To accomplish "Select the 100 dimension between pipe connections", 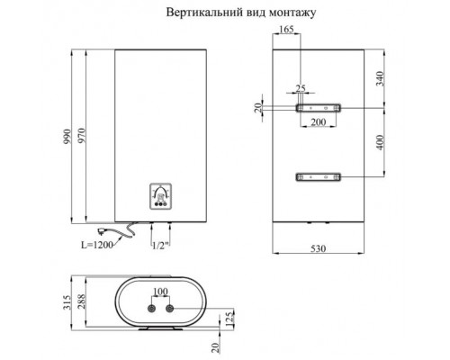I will point(159,292).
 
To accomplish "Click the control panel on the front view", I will point(159,195).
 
